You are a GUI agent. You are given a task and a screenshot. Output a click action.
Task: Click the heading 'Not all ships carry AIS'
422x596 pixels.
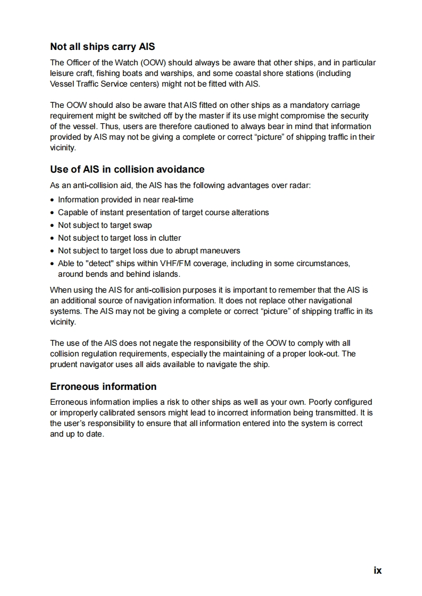coord(102,47)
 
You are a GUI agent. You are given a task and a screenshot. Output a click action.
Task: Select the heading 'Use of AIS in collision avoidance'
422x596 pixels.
coord(127,169)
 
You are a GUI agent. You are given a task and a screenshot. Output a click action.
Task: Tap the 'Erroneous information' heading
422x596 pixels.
coord(103,386)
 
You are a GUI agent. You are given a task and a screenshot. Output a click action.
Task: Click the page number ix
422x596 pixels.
coord(377,570)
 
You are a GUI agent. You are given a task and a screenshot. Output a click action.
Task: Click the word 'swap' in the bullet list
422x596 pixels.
coord(143,225)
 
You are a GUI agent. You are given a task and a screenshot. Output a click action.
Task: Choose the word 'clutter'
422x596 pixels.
coord(169,238)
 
